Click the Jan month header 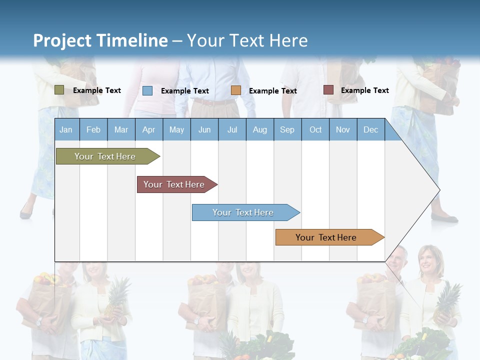tap(66, 129)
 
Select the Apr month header tap(148, 129)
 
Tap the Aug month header tap(259, 129)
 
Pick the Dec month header tap(370, 129)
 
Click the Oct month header tap(315, 129)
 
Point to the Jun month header tap(204, 129)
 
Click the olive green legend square tap(59, 90)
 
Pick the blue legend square tap(147, 90)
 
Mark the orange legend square tap(236, 90)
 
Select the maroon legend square tap(328, 90)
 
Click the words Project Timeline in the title tap(100, 40)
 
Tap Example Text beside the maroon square tap(364, 90)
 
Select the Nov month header tap(342, 129)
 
